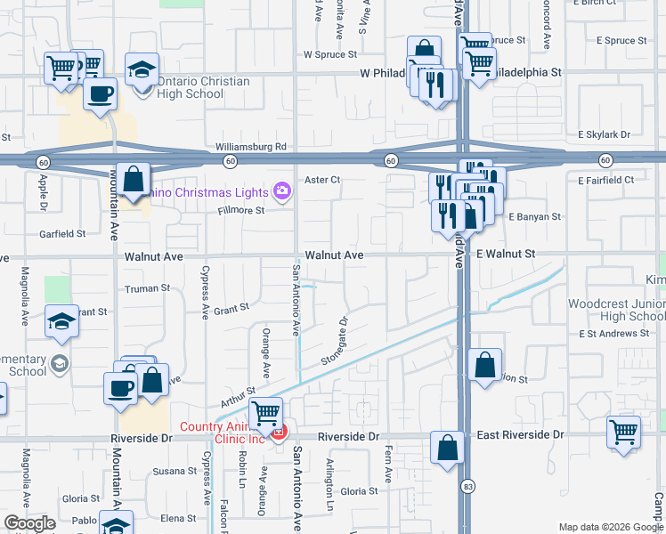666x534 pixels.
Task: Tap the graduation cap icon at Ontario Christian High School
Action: tap(142, 69)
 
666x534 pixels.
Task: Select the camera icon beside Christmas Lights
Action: tap(282, 191)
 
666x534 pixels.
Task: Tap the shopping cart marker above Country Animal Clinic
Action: tap(265, 413)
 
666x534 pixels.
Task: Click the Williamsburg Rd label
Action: tap(250, 146)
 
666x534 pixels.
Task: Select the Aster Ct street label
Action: tap(322, 180)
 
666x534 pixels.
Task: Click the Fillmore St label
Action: tap(241, 211)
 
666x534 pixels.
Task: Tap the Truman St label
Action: tap(147, 288)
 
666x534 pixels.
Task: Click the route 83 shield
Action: tap(467, 486)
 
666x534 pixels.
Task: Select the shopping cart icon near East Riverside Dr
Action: tap(624, 433)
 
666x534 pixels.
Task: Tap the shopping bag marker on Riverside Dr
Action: tap(447, 448)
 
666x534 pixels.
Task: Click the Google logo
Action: tap(29, 523)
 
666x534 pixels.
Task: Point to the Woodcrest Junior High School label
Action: tap(616, 310)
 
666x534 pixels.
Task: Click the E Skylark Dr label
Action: tap(603, 134)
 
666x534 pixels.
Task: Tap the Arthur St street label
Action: tap(239, 395)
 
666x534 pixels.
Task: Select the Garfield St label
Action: tap(61, 234)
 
